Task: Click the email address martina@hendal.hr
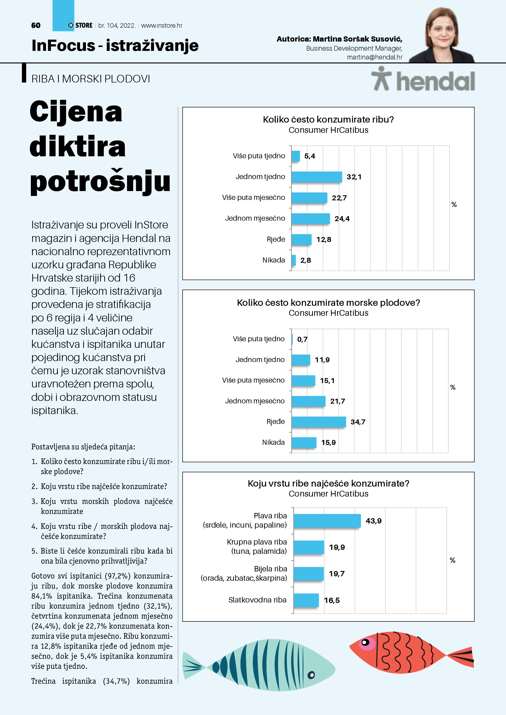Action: pos(375,57)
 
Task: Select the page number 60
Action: pos(36,25)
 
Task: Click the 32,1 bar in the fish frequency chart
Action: pos(317,177)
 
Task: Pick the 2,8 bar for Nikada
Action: pos(294,260)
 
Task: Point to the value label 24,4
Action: pos(342,219)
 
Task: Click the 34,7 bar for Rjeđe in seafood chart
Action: pos(318,422)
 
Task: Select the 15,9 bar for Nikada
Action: pos(304,443)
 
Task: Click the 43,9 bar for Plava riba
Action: pos(327,521)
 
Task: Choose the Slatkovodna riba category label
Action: pos(257,600)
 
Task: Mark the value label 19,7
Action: pos(337,574)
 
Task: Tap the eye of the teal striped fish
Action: pos(311,675)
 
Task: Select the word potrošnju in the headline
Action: pos(100,182)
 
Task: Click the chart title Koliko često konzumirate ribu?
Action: pos(328,120)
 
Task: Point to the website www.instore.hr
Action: pos(162,25)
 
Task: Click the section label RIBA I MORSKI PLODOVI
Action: pos(91,79)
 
